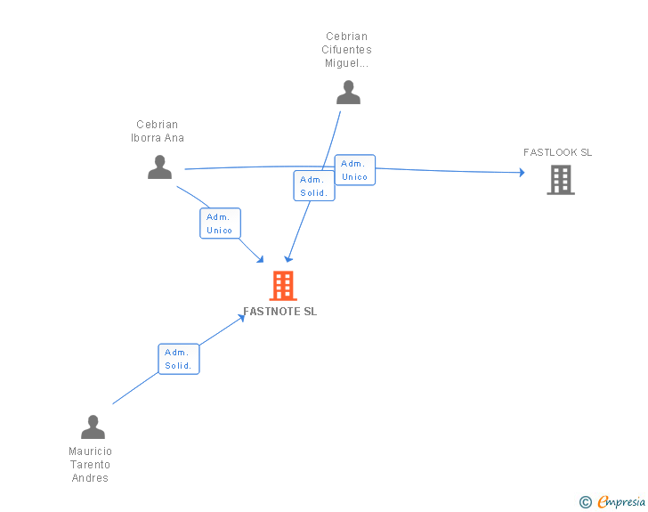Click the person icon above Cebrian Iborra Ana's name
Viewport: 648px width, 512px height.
159,167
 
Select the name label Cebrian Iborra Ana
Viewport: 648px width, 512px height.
158,131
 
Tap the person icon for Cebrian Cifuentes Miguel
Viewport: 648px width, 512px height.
348,92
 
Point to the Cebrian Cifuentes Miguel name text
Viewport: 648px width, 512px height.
346,50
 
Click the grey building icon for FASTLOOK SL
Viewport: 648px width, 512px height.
560,180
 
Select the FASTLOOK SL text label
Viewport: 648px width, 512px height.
557,152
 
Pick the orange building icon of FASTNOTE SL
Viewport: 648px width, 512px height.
282,286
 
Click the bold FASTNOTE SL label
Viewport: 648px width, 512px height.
279,312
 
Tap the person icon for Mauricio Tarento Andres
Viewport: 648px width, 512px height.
93,427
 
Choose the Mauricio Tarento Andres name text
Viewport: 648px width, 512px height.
90,465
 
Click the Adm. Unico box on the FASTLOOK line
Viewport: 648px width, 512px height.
354,170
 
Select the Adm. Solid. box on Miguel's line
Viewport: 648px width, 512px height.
313,185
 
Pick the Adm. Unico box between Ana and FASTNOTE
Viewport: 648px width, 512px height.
220,223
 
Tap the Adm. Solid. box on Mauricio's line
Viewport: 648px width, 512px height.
179,359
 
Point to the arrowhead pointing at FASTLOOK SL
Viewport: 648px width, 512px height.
522,173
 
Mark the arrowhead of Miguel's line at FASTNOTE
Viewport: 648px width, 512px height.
288,258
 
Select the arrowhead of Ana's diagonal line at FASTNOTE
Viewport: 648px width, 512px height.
261,259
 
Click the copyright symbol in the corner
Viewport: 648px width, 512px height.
585,502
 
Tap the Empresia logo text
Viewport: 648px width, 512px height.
621,502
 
